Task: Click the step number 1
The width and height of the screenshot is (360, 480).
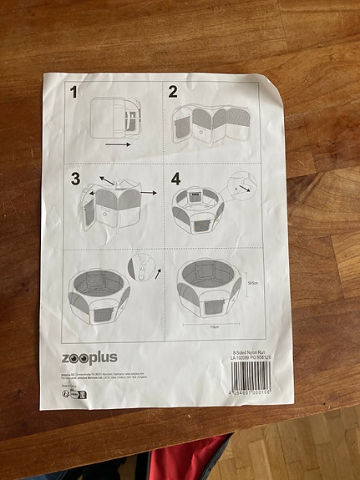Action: click(73, 93)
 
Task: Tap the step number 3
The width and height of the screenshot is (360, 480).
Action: click(76, 178)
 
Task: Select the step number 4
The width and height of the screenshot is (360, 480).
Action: click(175, 179)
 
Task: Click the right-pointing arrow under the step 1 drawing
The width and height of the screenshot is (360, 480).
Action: click(118, 144)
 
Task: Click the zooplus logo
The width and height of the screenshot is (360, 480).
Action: click(89, 357)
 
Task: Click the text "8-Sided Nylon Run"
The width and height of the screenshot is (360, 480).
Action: click(250, 352)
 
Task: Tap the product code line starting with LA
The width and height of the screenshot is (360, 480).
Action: click(250, 359)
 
